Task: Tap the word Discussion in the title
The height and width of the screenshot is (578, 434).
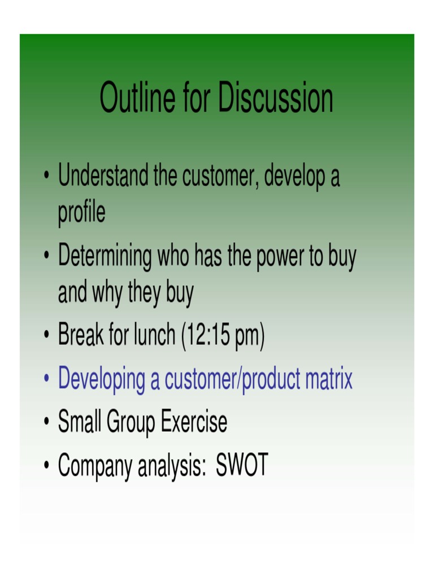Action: tap(276, 98)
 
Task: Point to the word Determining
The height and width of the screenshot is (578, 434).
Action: tap(105, 257)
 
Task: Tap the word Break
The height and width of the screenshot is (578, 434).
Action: tap(81, 336)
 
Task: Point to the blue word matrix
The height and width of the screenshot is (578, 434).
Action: tap(329, 379)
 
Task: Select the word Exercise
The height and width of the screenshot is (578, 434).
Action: tap(194, 422)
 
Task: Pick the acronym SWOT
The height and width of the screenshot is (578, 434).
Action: tap(242, 465)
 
